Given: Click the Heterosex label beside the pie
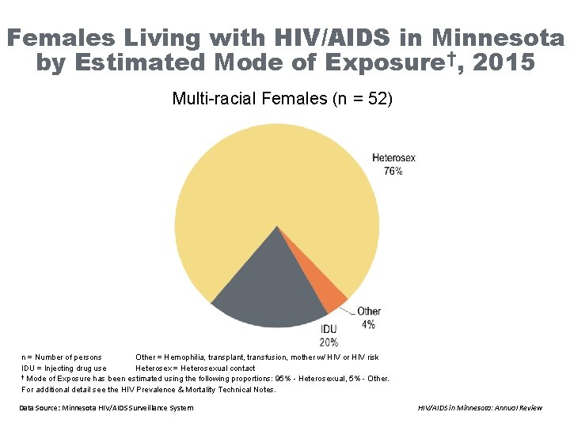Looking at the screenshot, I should (393, 158).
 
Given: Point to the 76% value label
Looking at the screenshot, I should (393, 171).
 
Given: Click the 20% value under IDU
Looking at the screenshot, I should (329, 342).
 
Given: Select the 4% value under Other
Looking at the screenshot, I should (368, 324).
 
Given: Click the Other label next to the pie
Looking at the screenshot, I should (369, 312).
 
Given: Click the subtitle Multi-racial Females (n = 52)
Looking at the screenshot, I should (282, 100).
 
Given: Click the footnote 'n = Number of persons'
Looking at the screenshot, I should (62, 357).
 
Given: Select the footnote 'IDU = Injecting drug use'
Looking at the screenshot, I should (64, 368).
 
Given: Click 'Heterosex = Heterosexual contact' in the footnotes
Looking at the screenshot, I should (196, 368).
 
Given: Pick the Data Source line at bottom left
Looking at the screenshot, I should (106, 407).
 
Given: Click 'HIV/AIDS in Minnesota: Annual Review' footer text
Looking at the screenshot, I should (480, 407).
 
